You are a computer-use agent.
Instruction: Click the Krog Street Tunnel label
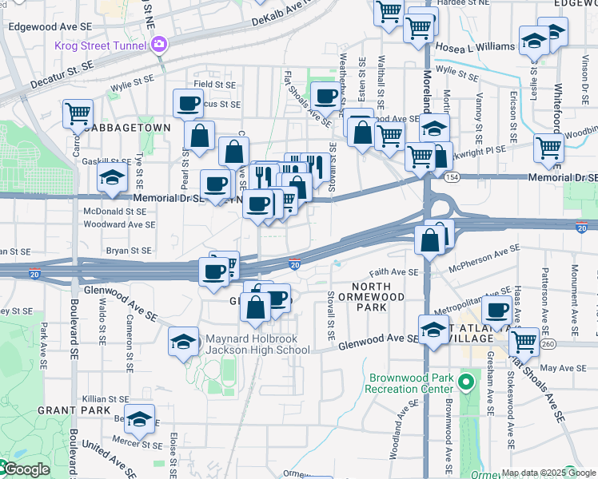point(102,45)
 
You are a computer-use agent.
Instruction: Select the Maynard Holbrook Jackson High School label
point(258,344)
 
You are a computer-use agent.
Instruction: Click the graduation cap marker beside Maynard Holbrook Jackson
point(183,342)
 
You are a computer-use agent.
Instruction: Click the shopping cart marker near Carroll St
point(78,113)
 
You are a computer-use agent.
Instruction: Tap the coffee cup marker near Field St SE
point(189,103)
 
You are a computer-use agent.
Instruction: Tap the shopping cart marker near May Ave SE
point(524,341)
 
